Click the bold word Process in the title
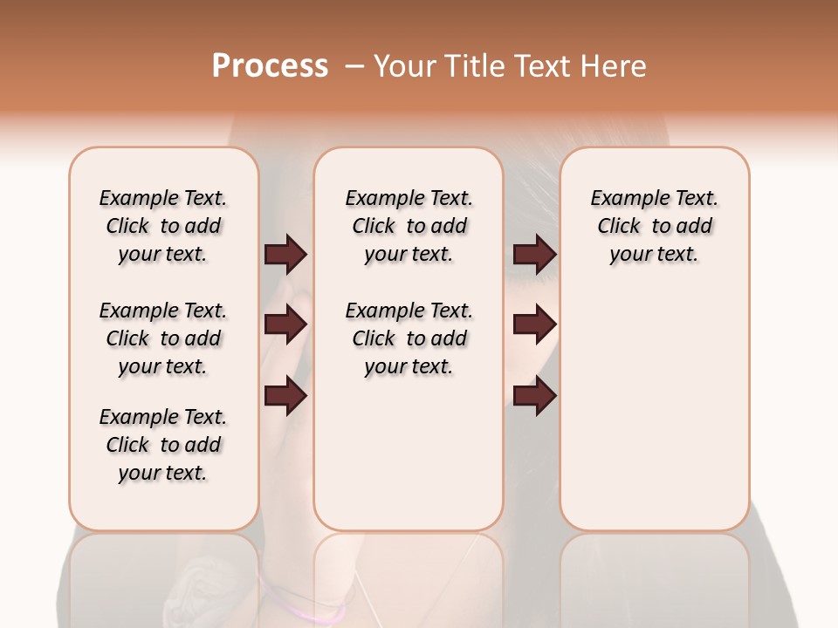(270, 65)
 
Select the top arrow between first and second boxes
(286, 254)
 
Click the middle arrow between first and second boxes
(286, 324)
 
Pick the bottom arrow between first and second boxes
(286, 396)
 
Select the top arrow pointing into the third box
(535, 254)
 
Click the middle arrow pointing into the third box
(535, 324)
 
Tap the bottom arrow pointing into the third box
(535, 396)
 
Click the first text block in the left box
(163, 226)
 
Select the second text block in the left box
(163, 338)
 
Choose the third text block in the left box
(163, 445)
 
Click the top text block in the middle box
(409, 226)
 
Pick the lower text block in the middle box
(409, 338)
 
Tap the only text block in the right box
(654, 226)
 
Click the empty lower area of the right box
(654, 419)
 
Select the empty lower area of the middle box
(409, 454)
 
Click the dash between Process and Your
(354, 66)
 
